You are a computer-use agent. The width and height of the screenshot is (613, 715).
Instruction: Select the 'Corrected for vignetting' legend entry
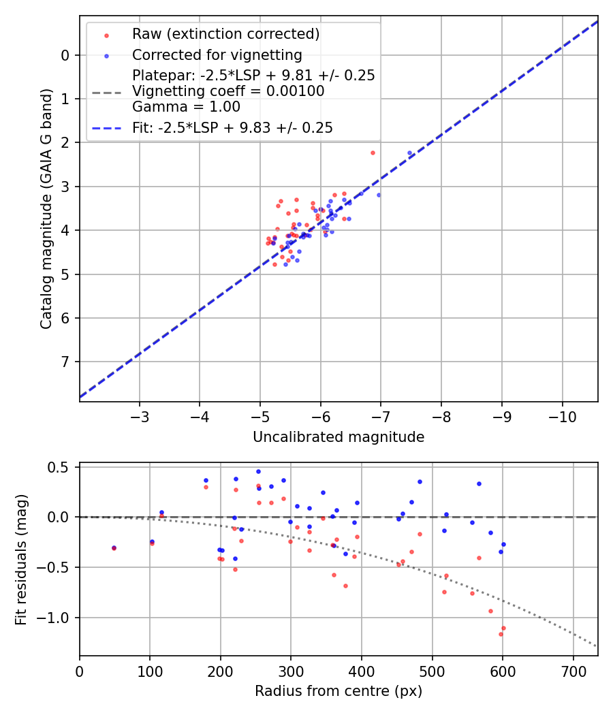point(217,54)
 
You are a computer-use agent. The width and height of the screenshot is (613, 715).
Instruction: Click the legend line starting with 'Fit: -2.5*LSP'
point(232,127)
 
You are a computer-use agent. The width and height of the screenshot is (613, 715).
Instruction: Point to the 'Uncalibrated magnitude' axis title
point(339,437)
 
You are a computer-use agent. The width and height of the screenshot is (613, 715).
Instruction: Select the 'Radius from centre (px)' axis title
point(339,691)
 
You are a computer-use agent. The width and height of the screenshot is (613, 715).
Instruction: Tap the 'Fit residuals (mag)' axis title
point(21,560)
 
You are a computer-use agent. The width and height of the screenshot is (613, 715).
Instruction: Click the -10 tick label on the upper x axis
point(562,416)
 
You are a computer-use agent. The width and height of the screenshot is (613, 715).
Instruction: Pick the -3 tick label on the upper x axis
point(140,416)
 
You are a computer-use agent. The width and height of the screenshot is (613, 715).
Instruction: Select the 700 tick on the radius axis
point(573,671)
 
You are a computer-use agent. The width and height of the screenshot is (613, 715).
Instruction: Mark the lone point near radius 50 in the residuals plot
point(114,547)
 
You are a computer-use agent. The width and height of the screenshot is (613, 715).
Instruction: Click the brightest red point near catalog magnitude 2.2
point(373,153)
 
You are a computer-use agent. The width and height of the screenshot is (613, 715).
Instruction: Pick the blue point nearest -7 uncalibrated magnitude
point(379,195)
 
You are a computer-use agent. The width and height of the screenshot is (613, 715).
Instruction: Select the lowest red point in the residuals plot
point(501,634)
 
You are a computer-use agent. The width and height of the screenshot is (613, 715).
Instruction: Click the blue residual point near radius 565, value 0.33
point(479,483)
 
